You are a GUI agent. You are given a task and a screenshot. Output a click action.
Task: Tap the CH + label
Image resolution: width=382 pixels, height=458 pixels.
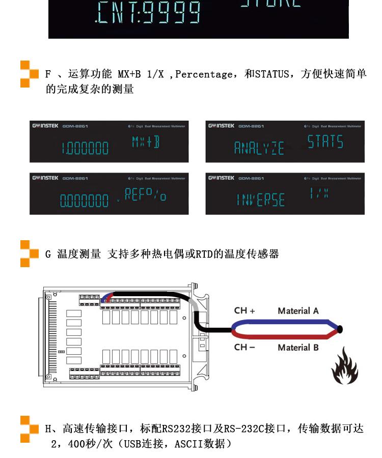pyautogui.click(x=244, y=310)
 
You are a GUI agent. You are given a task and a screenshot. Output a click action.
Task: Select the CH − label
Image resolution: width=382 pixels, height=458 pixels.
pyautogui.click(x=244, y=347)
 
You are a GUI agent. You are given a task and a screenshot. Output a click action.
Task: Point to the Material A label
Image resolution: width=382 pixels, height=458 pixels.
pyautogui.click(x=298, y=310)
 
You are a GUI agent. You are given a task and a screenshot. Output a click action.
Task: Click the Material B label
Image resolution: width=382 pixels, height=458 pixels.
pyautogui.click(x=298, y=348)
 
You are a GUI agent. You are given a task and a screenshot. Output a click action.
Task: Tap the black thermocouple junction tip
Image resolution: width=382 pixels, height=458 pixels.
pyautogui.click(x=339, y=329)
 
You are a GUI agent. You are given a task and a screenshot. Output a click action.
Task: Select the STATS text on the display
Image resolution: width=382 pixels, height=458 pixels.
pyautogui.click(x=325, y=141)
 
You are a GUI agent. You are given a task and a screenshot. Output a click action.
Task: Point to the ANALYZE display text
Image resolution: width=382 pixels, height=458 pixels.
pyautogui.click(x=259, y=149)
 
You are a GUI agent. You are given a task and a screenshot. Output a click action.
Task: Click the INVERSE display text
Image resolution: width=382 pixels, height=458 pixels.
pyautogui.click(x=260, y=200)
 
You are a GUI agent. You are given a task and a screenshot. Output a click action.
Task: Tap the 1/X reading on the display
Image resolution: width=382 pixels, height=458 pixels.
pyautogui.click(x=319, y=193)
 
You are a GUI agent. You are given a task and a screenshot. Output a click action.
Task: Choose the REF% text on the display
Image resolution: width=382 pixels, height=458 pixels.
pyautogui.click(x=145, y=194)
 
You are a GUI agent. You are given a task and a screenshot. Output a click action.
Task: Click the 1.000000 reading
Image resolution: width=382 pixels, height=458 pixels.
pyautogui.click(x=85, y=149)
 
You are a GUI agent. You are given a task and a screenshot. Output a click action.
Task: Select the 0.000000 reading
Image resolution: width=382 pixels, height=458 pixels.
pyautogui.click(x=85, y=201)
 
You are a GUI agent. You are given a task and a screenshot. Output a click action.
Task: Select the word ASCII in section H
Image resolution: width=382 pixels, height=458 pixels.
pyautogui.click(x=189, y=444)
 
